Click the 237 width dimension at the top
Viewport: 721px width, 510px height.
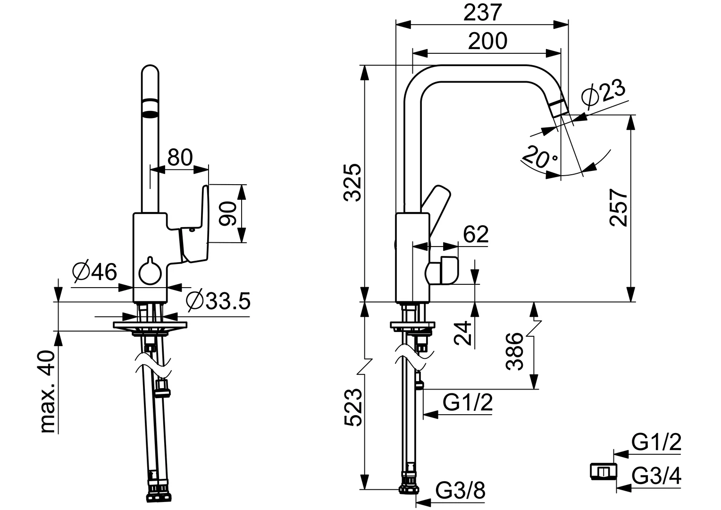coord(483,13)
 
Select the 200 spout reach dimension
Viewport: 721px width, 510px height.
coord(487,41)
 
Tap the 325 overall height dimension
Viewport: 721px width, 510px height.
coord(352,183)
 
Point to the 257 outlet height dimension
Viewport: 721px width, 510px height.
coord(618,207)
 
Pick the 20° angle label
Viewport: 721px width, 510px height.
coord(539,157)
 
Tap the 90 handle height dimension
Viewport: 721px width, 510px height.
coord(227,213)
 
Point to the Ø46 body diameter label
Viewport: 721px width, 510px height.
coord(94,272)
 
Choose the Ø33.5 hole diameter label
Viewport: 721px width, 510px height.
coord(218,301)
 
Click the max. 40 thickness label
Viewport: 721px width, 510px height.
coord(48,391)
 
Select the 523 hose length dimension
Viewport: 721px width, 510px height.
coord(353,407)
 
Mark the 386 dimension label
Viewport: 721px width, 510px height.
coord(514,351)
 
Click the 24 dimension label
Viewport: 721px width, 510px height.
coord(462,333)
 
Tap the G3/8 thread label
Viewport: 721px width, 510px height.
coord(460,490)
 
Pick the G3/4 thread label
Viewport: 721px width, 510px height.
coord(656,476)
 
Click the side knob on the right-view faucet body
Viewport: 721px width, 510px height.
coord(442,271)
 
